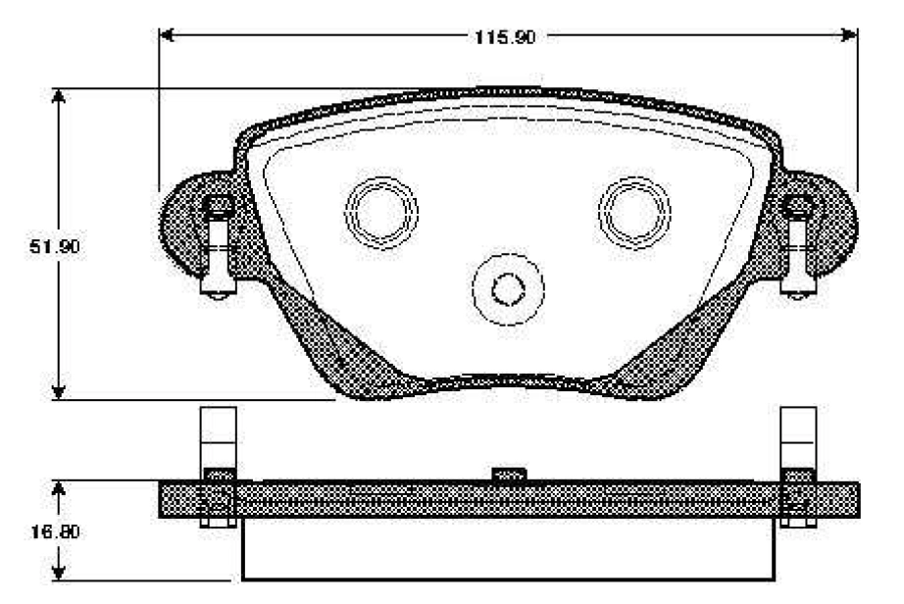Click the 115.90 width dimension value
pyautogui.click(x=505, y=37)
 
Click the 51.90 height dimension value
pyautogui.click(x=55, y=247)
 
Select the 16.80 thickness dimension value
pyautogui.click(x=55, y=531)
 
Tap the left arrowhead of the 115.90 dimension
pyautogui.click(x=167, y=35)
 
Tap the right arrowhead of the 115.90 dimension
pyautogui.click(x=850, y=35)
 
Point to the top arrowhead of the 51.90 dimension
pyautogui.click(x=58, y=96)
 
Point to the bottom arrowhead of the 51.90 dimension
pyautogui.click(x=58, y=392)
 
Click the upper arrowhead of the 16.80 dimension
pyautogui.click(x=58, y=488)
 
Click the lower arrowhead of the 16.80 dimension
pyautogui.click(x=58, y=574)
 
